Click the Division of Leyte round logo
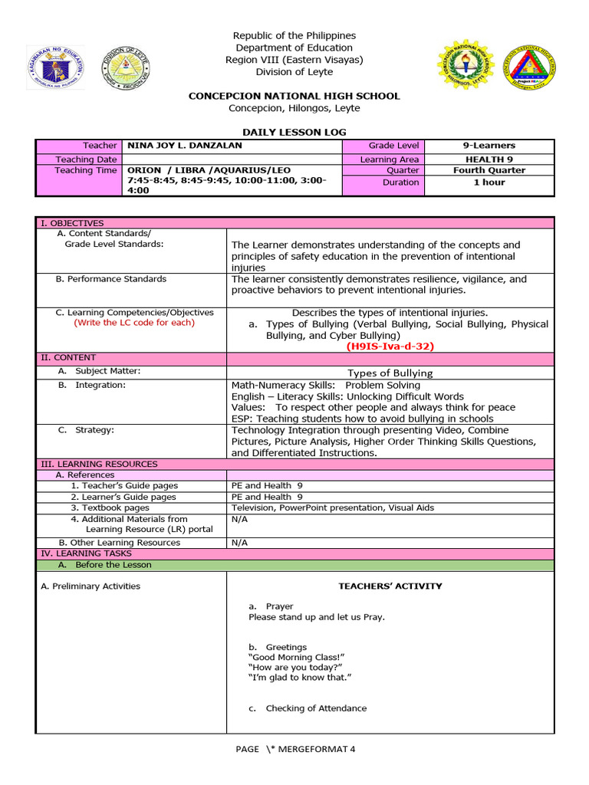(x=127, y=67)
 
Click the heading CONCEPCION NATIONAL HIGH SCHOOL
(x=294, y=96)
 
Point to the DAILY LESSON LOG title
(x=294, y=133)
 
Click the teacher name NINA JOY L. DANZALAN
(x=184, y=146)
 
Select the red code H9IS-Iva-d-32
(x=390, y=347)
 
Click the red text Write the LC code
(x=134, y=323)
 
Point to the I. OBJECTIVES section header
(x=72, y=223)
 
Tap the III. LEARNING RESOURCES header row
(x=99, y=464)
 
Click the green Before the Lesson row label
(x=113, y=565)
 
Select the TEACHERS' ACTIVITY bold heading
(x=390, y=586)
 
